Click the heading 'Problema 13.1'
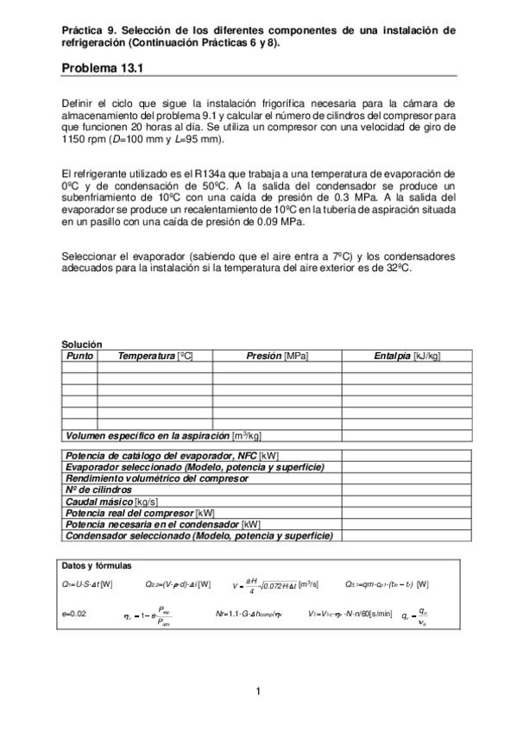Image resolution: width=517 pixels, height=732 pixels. coord(100,68)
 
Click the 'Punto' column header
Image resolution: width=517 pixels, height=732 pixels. coord(79,356)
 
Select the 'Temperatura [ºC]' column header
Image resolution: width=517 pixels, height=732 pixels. coord(154,356)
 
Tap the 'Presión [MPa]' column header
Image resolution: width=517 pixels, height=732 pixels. coord(277,356)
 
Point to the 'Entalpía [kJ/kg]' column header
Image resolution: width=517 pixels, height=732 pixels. coord(407,356)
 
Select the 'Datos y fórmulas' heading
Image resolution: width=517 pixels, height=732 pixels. coord(97,565)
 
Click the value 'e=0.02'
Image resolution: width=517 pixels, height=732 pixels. coord(75,614)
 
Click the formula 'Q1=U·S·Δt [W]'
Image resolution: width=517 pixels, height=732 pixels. coord(87,584)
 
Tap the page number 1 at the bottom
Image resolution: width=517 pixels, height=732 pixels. coord(258,691)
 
